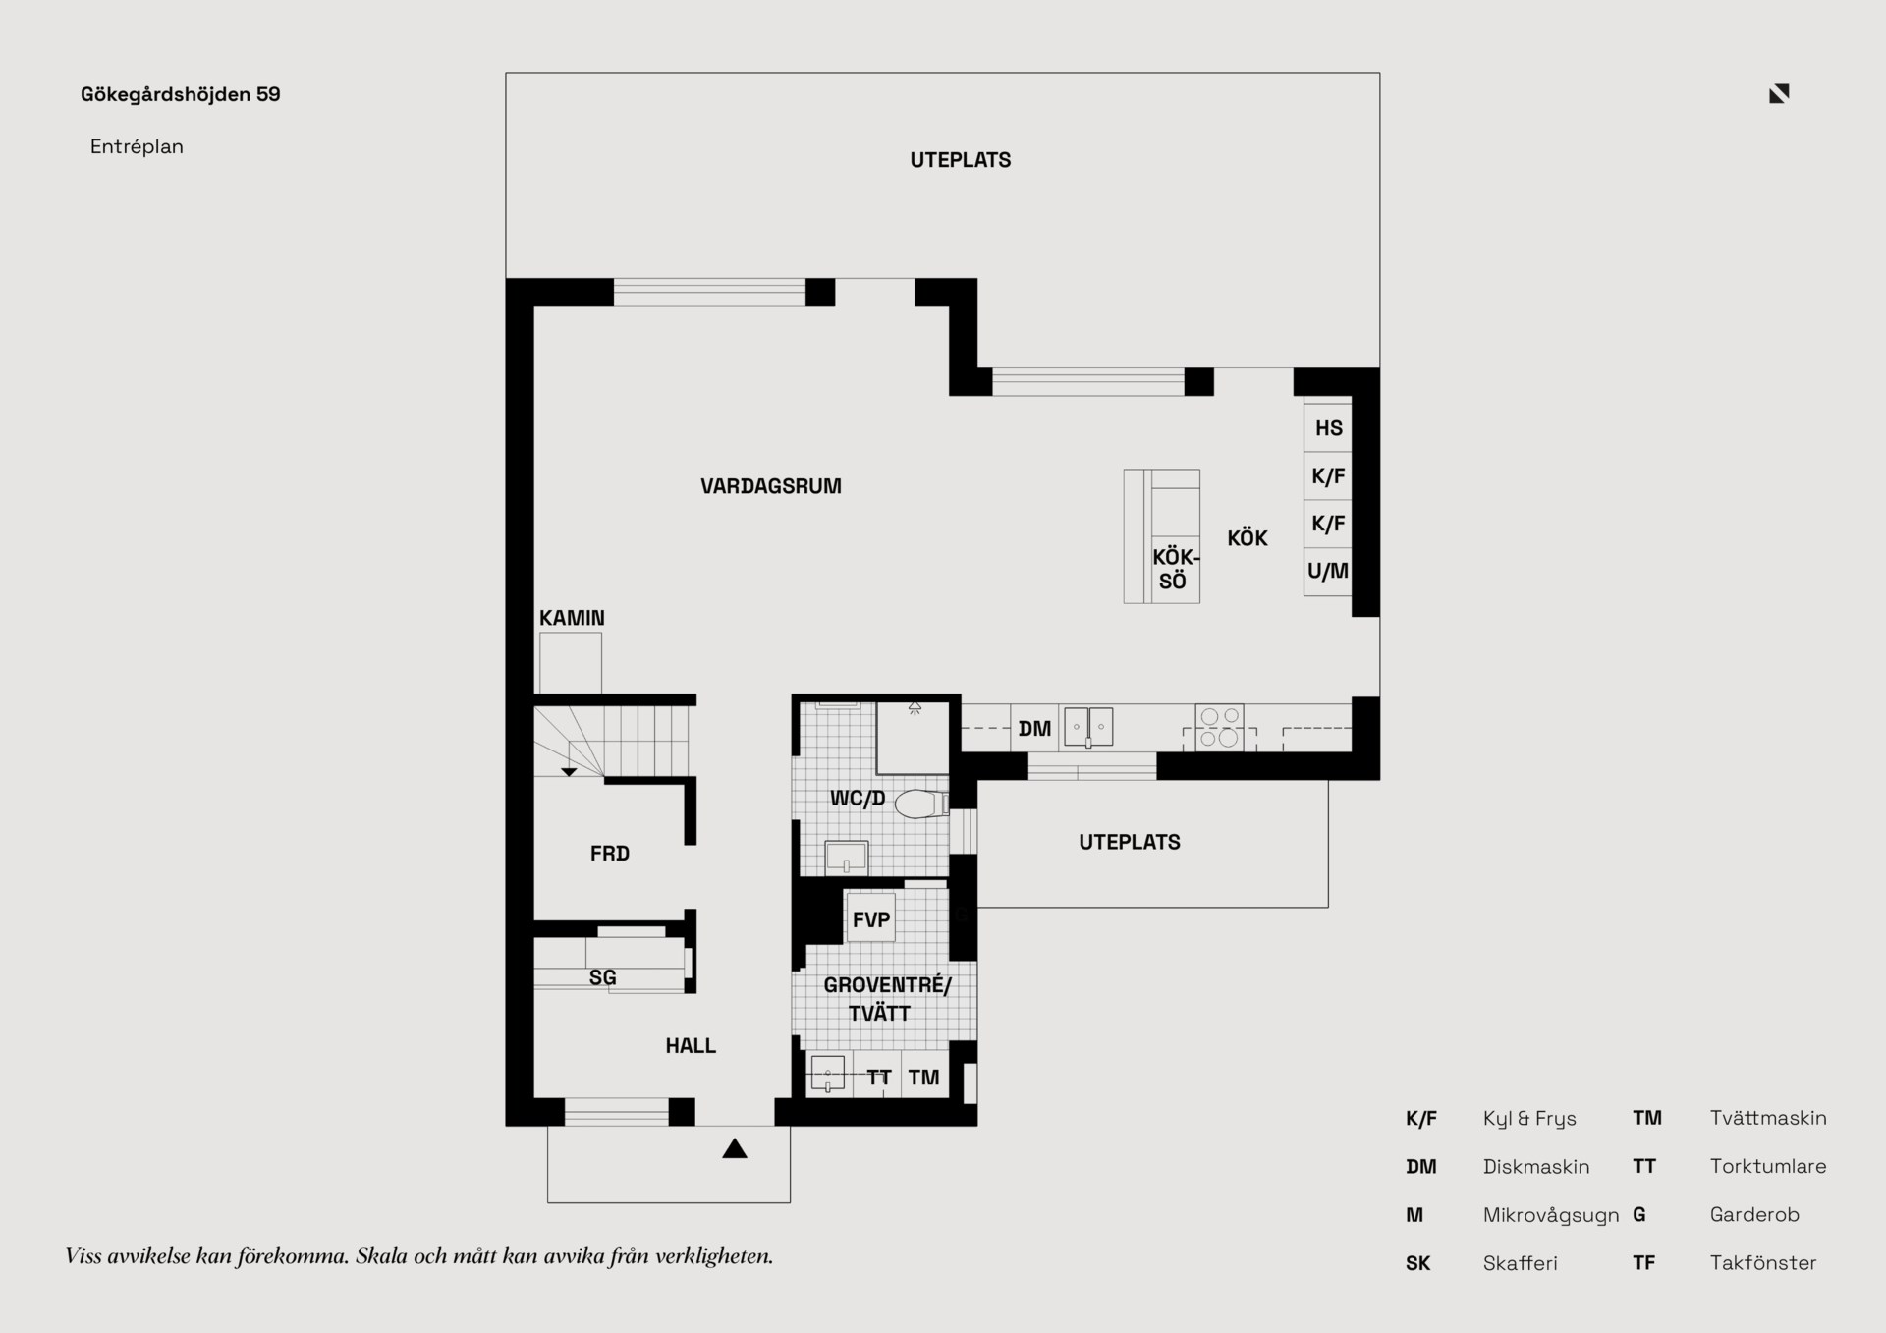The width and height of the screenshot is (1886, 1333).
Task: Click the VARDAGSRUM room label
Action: (x=770, y=486)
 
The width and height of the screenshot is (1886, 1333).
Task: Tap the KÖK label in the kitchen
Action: (x=1248, y=537)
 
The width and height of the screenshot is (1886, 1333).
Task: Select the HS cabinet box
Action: (x=1328, y=427)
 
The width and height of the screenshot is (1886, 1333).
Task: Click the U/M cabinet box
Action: (x=1328, y=571)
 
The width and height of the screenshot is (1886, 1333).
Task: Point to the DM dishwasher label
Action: (x=1034, y=729)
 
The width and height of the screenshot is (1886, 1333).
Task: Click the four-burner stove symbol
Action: (x=1219, y=728)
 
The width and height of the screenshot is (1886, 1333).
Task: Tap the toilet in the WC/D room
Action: (x=921, y=804)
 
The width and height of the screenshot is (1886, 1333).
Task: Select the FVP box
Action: (x=871, y=918)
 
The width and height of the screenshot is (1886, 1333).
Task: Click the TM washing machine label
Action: (x=923, y=1078)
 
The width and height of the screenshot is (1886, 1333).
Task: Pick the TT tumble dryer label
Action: (x=878, y=1078)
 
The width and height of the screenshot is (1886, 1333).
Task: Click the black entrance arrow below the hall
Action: (x=735, y=1148)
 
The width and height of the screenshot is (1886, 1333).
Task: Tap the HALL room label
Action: (x=691, y=1046)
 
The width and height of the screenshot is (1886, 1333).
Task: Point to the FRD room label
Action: (x=610, y=854)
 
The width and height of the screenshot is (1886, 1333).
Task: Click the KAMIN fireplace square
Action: (x=571, y=663)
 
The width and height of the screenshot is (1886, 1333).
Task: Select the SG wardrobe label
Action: (x=602, y=977)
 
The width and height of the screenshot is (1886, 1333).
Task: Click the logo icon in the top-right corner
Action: (x=1779, y=93)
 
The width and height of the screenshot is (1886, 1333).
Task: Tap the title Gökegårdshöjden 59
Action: (x=181, y=94)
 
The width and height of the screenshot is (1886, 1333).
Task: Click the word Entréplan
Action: (x=137, y=146)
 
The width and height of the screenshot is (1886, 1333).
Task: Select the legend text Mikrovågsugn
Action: (x=1551, y=1215)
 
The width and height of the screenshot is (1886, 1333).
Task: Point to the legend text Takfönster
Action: (x=1763, y=1263)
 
